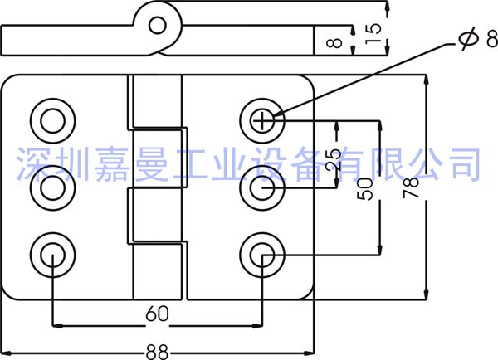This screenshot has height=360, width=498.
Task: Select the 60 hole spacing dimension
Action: pyautogui.click(x=156, y=314)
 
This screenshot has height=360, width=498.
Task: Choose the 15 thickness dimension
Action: pyautogui.click(x=375, y=32)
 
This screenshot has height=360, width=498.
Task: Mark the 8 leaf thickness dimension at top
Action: pyautogui.click(x=334, y=39)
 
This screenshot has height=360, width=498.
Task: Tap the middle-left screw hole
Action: pyautogui.click(x=51, y=189)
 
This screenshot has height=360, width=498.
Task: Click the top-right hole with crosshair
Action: pyautogui.click(x=263, y=121)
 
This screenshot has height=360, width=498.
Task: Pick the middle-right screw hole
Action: pyautogui.click(x=263, y=189)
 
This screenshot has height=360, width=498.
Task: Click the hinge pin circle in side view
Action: pyautogui.click(x=158, y=23)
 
